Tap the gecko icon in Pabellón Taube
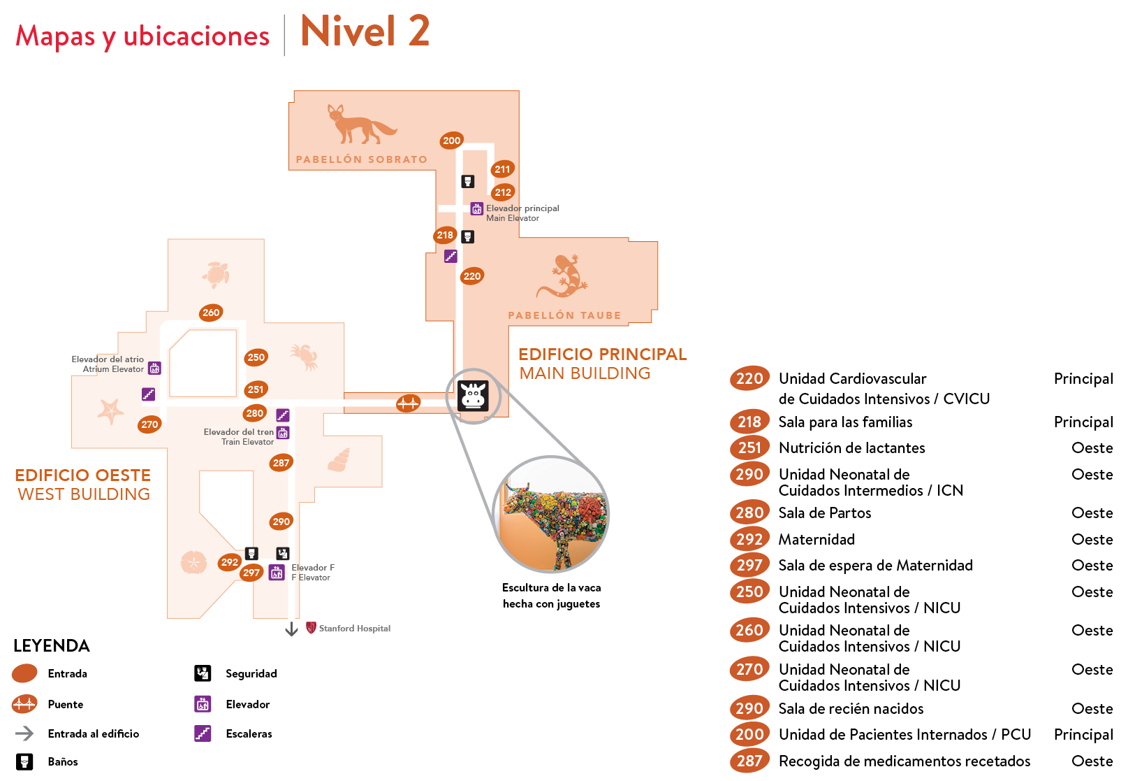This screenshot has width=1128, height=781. [563, 276]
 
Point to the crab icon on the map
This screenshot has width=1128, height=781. [305, 356]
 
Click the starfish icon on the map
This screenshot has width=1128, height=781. [110, 410]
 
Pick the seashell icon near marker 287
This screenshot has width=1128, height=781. [339, 459]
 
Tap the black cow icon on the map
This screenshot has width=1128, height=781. [473, 396]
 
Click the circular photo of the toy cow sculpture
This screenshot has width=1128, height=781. [551, 515]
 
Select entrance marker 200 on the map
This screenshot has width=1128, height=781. [452, 141]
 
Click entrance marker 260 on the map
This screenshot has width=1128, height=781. [211, 313]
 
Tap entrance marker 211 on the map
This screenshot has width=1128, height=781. [502, 169]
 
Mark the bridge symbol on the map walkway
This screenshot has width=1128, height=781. [408, 403]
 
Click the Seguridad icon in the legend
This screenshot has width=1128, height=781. [203, 673]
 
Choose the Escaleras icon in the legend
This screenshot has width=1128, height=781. [203, 733]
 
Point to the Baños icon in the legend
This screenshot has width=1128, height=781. [24, 761]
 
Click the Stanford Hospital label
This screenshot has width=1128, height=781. [354, 629]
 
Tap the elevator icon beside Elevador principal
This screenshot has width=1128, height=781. [476, 208]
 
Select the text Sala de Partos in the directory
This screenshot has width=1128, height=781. [825, 513]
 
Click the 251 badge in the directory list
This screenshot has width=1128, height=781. [749, 447]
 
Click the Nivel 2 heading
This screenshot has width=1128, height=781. [365, 32]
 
